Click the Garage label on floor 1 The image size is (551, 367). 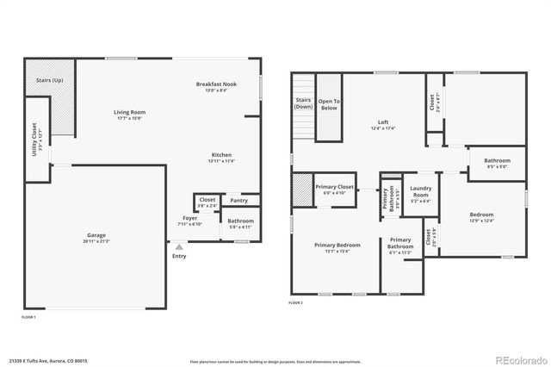click(96, 238)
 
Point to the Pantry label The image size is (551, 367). click(238, 201)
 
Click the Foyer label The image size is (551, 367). click(189, 220)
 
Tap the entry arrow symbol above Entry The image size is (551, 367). click(179, 246)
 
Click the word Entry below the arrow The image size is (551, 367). click(179, 256)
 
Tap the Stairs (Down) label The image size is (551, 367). click(302, 104)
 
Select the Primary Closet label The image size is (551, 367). click(334, 189)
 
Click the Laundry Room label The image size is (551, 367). click(420, 192)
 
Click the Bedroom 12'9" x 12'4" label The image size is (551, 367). click(481, 216)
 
